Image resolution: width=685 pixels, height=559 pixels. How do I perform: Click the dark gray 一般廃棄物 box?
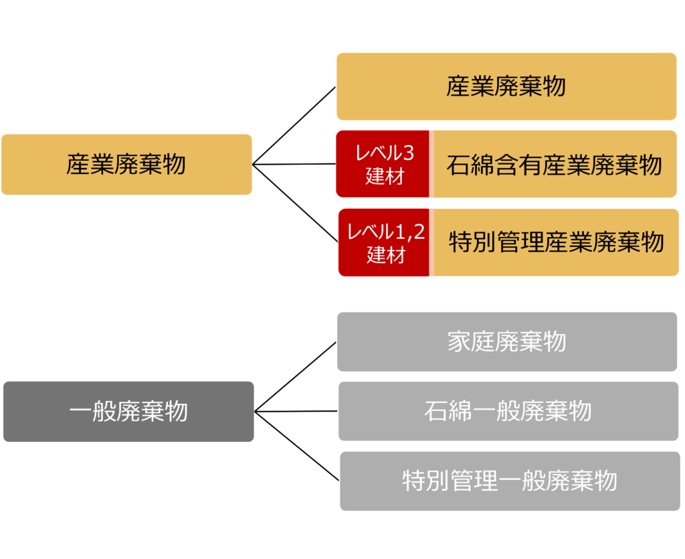click(x=128, y=411)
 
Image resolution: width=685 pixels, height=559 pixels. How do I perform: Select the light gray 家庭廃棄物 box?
click(x=506, y=341)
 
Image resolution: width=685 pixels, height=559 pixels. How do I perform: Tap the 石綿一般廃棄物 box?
click(x=508, y=410)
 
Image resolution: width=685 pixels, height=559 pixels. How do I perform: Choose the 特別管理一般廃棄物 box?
click(x=509, y=481)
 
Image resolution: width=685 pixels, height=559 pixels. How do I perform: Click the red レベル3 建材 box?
click(x=383, y=164)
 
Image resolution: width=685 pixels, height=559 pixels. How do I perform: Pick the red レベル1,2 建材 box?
click(x=385, y=242)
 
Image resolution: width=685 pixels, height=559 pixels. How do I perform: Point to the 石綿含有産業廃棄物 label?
click(x=554, y=165)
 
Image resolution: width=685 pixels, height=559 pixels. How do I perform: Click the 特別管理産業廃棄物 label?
click(x=556, y=242)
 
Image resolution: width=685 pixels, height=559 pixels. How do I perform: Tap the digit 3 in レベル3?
click(x=408, y=153)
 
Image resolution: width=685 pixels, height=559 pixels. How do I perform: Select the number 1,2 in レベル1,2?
click(x=411, y=232)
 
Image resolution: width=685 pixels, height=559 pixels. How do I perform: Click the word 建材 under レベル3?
click(x=384, y=177)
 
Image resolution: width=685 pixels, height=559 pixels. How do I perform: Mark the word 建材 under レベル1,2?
click(x=385, y=255)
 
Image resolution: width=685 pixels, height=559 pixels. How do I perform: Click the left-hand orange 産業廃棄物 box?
click(x=126, y=164)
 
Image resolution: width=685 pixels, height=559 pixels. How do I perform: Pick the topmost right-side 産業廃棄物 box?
click(x=506, y=86)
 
